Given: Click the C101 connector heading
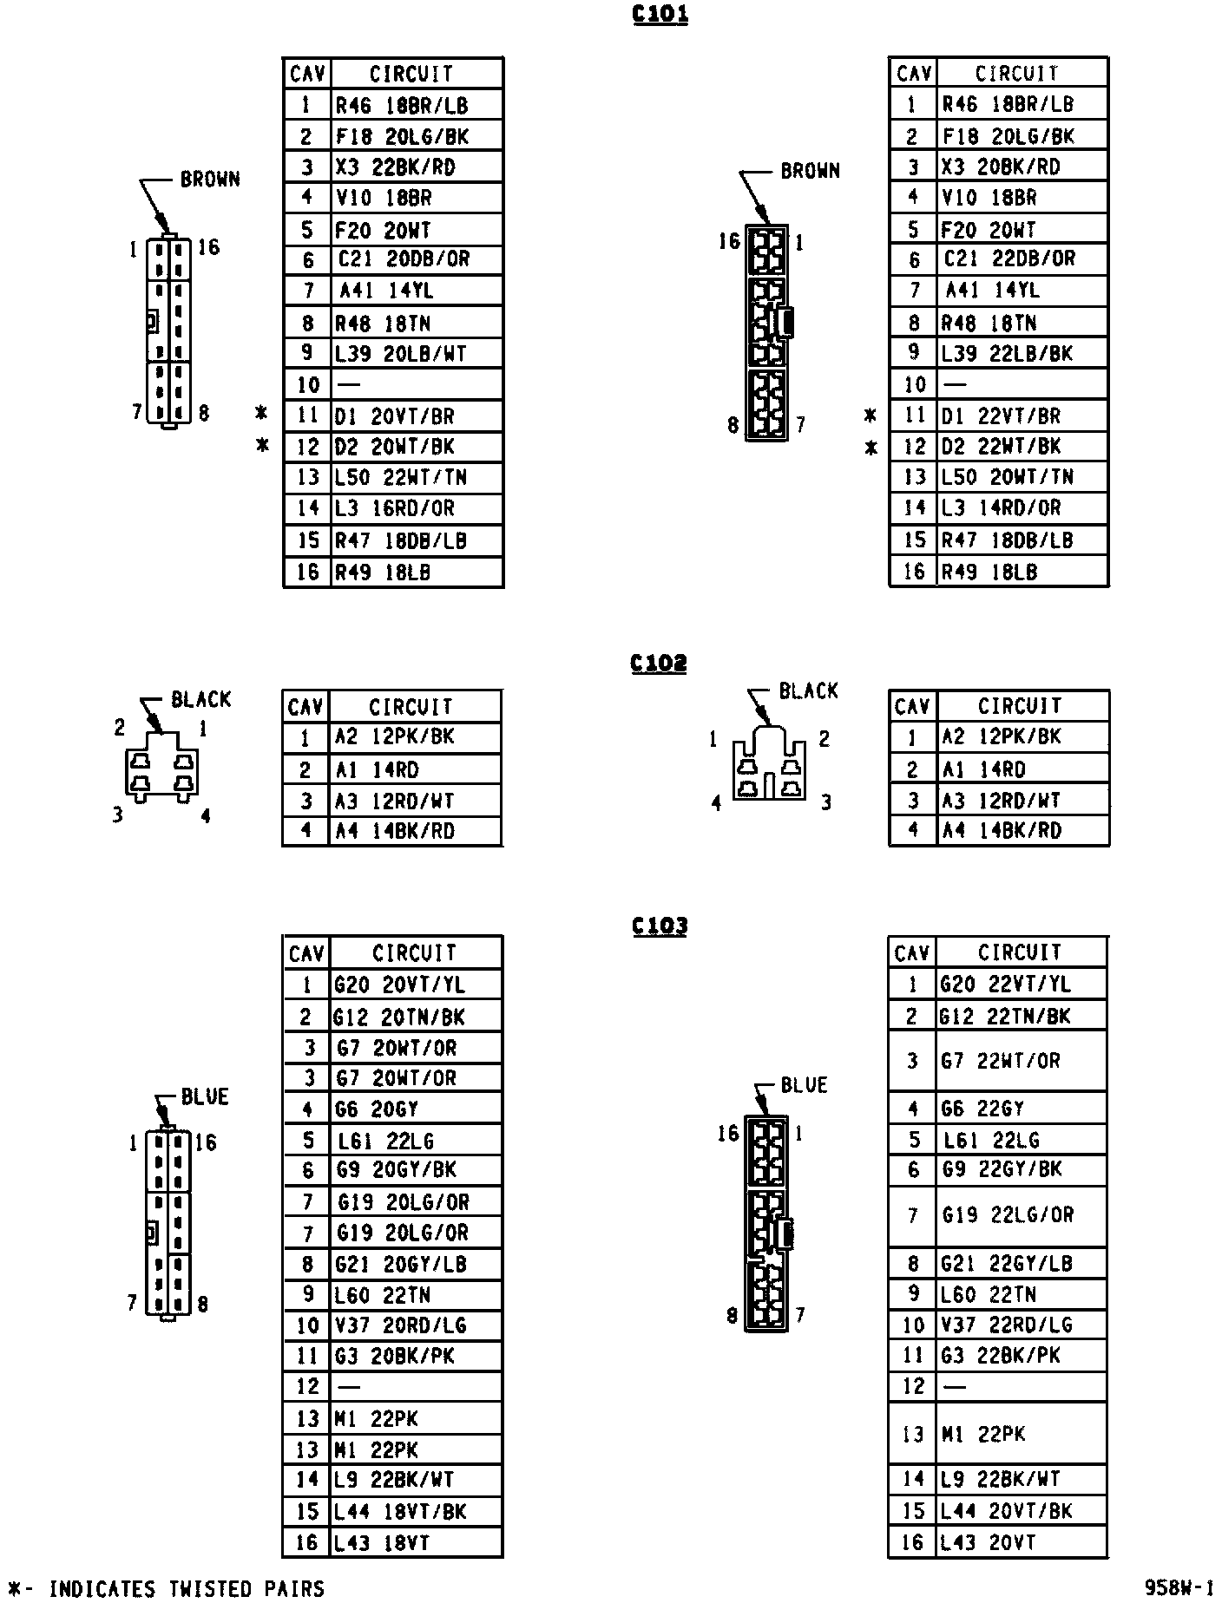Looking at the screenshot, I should pos(660,15).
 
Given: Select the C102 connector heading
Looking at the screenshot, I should pos(659,664).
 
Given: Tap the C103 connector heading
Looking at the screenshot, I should pos(660,926).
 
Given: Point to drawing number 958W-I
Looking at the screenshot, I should pos(1179,1587).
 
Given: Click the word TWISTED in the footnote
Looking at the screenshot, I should pos(208,1588).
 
